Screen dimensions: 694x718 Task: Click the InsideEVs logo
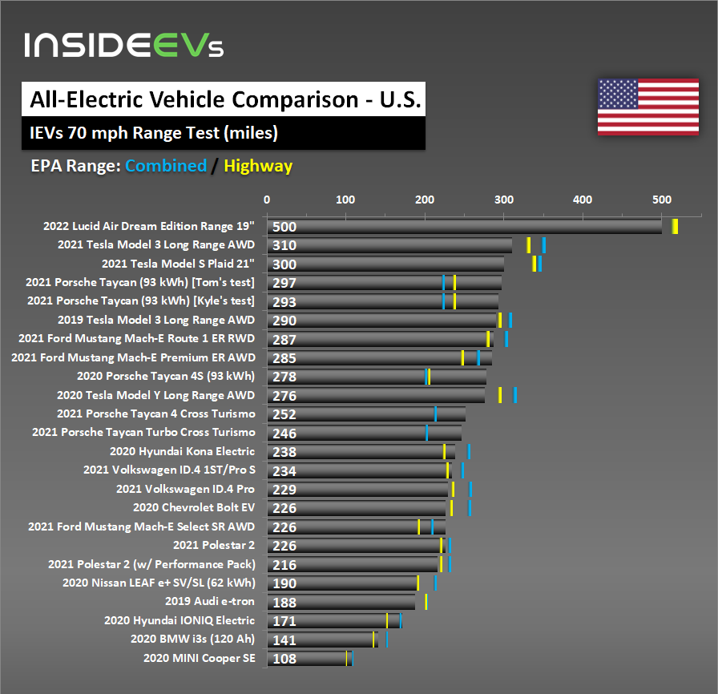(x=124, y=45)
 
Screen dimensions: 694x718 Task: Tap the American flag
(x=647, y=107)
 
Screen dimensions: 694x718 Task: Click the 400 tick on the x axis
(x=583, y=200)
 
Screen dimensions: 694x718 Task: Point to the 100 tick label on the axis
(x=345, y=200)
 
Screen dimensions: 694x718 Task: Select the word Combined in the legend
(x=166, y=166)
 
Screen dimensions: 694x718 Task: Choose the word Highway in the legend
(x=258, y=166)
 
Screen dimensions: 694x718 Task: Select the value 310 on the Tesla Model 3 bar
(x=284, y=246)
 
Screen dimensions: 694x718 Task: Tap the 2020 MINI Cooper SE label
(x=199, y=658)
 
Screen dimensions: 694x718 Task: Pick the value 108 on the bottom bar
(x=284, y=659)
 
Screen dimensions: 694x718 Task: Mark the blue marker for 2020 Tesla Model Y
(x=515, y=395)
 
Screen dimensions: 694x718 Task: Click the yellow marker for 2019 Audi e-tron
(x=426, y=602)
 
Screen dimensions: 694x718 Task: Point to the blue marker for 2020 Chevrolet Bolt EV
(x=470, y=507)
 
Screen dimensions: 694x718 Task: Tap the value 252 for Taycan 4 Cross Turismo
(x=284, y=414)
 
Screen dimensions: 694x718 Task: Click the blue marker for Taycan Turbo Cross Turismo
(x=426, y=433)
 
